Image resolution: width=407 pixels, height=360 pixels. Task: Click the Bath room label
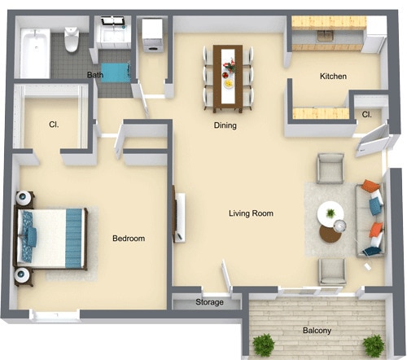point(95,76)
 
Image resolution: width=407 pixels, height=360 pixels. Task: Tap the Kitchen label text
point(333,77)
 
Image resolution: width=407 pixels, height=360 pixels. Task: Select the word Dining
point(225,125)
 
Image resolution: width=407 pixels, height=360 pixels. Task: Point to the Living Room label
point(250,213)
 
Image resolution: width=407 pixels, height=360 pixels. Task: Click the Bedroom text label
point(129,239)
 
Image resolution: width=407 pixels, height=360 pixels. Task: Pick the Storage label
point(209,303)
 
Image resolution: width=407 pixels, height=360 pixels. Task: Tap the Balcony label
point(317,331)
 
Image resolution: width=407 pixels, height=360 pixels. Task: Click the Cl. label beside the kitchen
point(367,115)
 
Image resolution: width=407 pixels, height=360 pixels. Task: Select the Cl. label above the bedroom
point(53,125)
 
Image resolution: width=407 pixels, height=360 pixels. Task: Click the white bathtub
point(34,53)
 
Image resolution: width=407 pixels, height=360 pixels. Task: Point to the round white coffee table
point(330,215)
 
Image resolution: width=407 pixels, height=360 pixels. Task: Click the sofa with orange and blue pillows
point(370,219)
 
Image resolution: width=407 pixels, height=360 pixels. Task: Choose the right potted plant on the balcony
point(374,345)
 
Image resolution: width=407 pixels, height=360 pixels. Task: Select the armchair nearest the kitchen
point(330,169)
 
